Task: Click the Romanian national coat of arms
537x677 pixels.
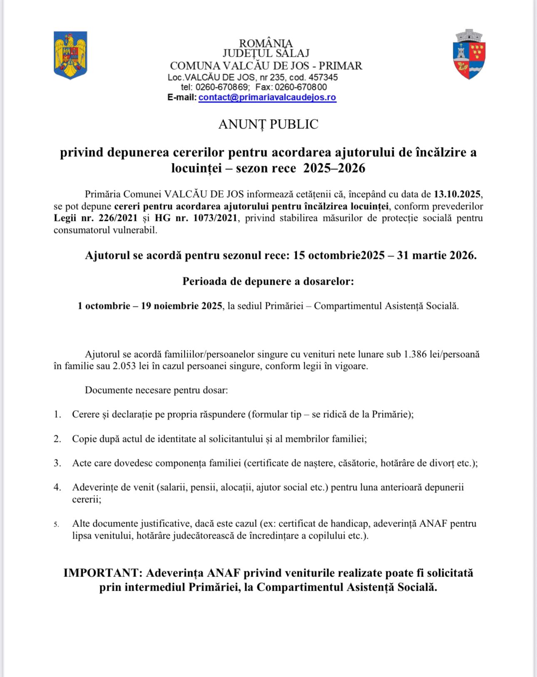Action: [x=70, y=55]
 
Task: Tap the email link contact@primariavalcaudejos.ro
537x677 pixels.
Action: [x=267, y=98]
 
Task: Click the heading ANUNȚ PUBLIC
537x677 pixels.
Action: [x=268, y=124]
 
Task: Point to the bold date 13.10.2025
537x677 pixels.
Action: [x=457, y=194]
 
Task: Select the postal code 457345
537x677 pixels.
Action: [x=323, y=77]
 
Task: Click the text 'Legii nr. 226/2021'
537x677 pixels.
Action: [x=96, y=218]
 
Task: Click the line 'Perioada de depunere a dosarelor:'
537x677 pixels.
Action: [x=268, y=281]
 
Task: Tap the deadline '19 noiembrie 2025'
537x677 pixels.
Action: [x=181, y=306]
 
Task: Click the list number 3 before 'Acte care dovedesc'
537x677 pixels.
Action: [x=57, y=463]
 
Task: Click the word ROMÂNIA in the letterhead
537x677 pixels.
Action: [x=266, y=43]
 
